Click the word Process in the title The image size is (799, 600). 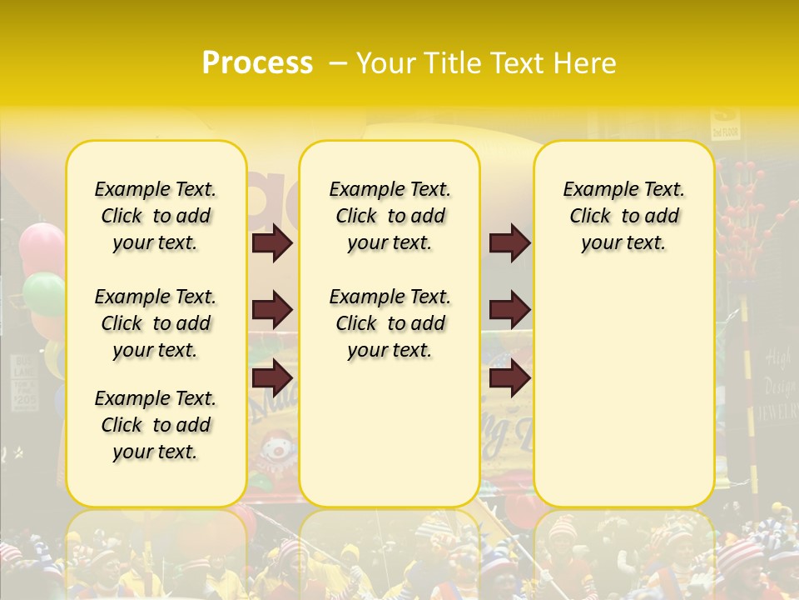[257, 63]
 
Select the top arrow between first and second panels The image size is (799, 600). [272, 242]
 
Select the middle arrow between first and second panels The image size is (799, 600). [272, 310]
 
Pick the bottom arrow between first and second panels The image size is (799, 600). [272, 377]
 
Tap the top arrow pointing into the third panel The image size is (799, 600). [509, 242]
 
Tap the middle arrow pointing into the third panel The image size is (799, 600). [509, 310]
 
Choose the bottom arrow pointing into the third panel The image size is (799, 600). [509, 377]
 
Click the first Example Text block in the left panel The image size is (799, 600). [156, 216]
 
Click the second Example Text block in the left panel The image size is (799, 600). [156, 323]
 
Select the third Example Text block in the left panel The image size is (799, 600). [156, 425]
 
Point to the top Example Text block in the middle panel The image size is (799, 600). [390, 216]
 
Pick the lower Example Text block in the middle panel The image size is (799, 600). [390, 323]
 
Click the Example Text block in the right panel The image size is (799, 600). [623, 216]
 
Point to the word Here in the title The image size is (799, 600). [587, 63]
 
